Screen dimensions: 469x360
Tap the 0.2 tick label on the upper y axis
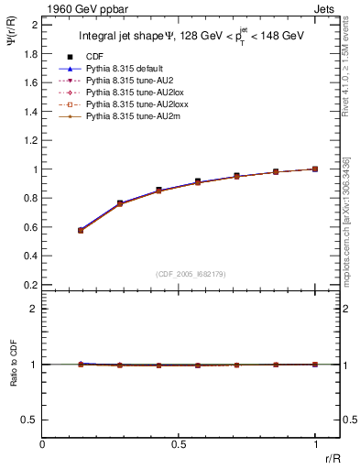click(x=31, y=285)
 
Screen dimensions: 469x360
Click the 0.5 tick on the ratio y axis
click(x=31, y=420)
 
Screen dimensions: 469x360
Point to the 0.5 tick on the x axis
click(x=179, y=445)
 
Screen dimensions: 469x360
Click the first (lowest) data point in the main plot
click(x=81, y=230)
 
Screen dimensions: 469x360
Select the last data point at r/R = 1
click(x=315, y=169)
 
